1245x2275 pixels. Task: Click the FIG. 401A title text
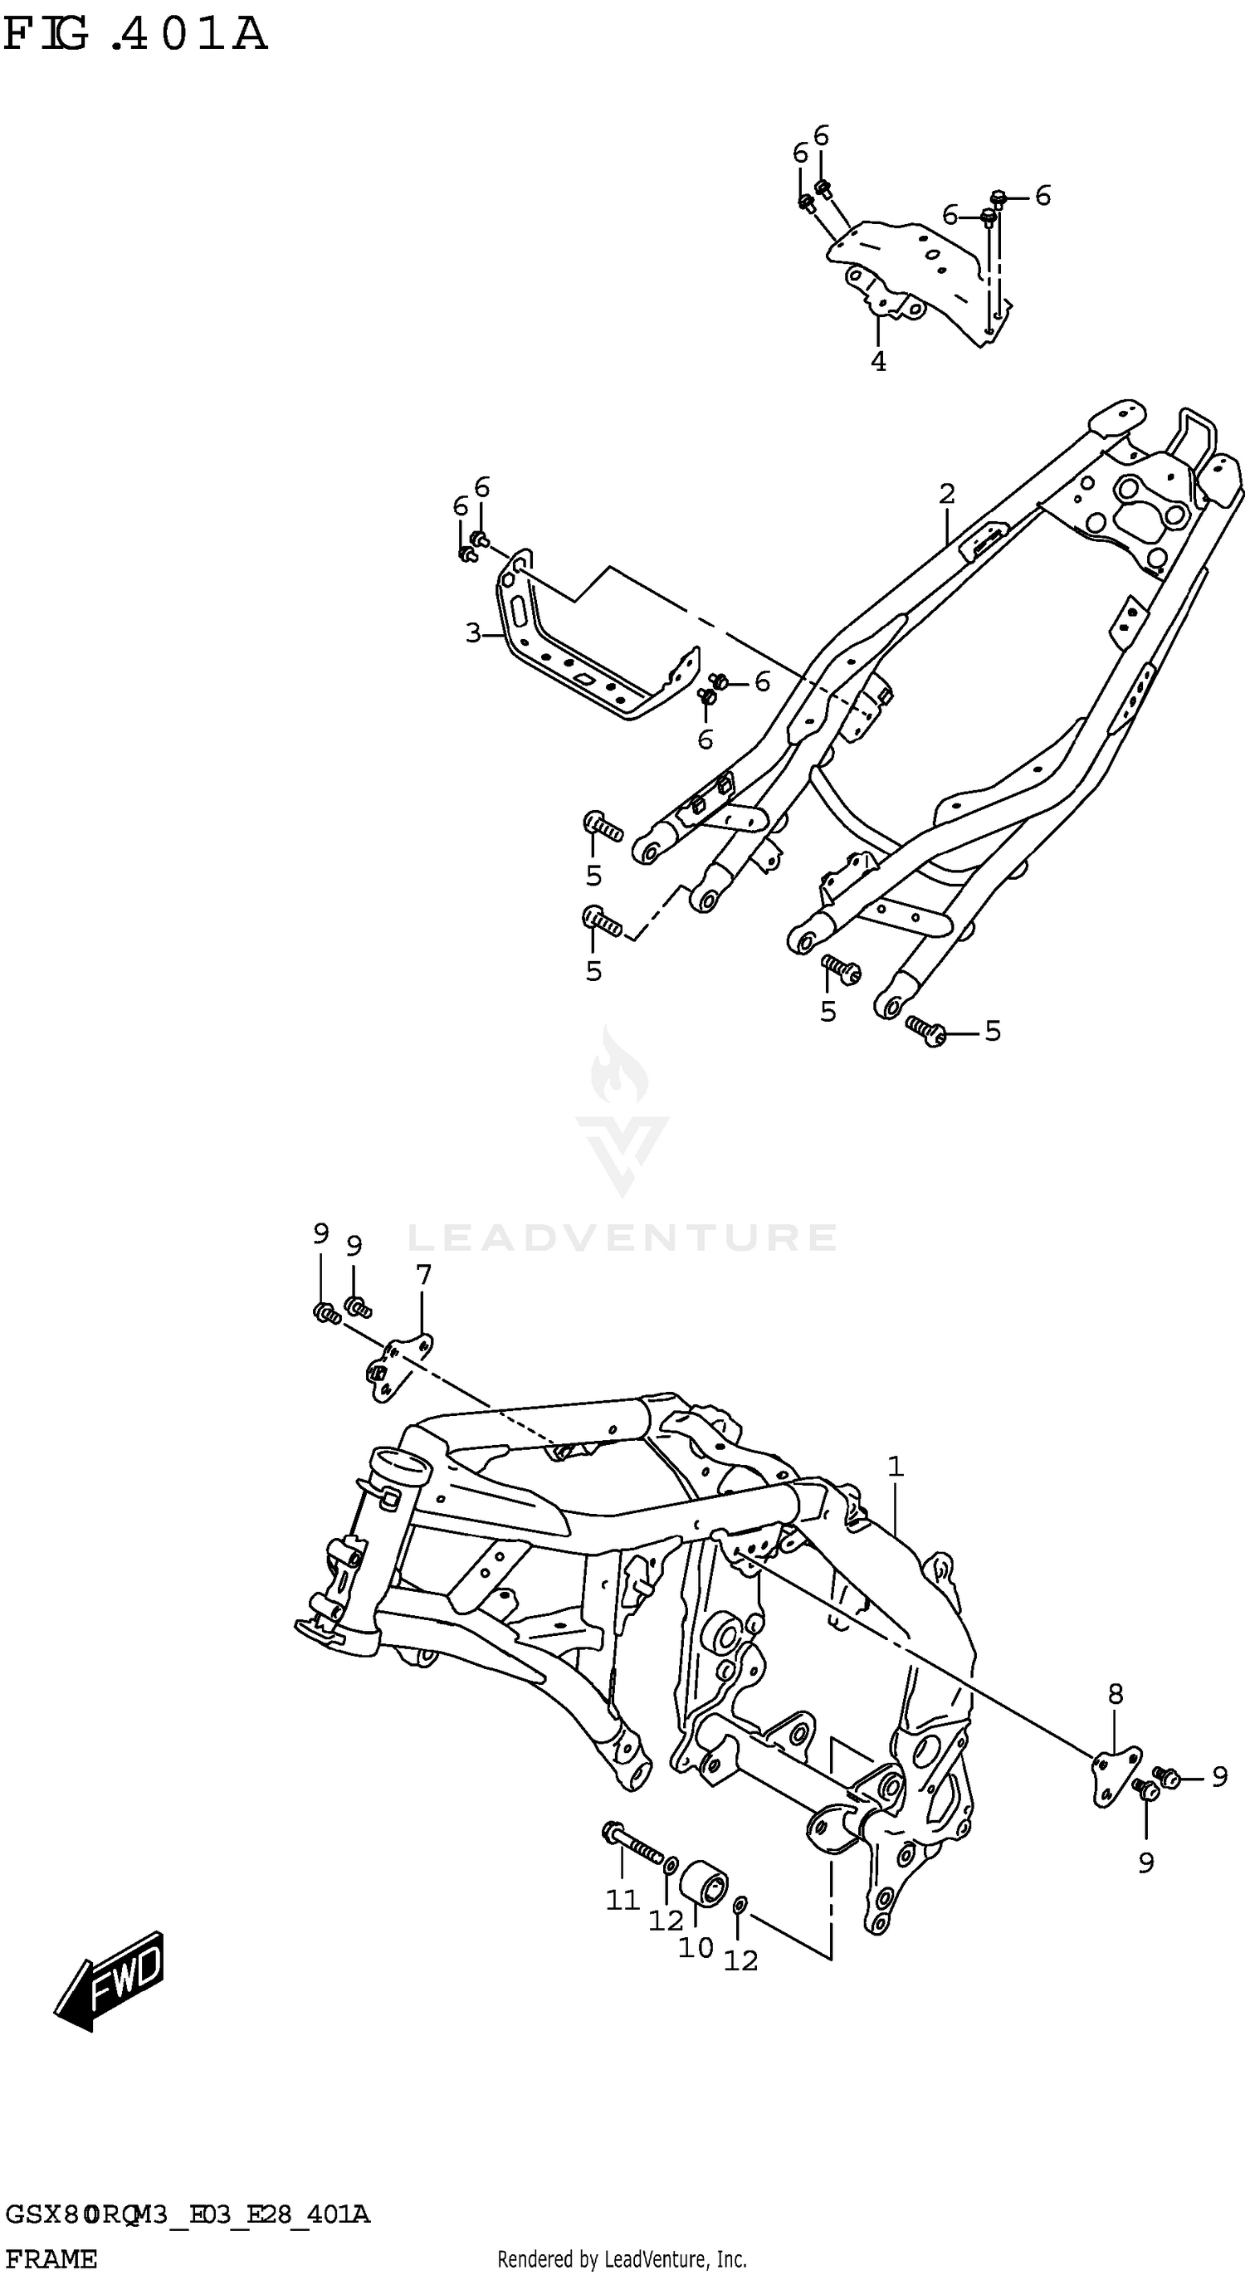point(134,36)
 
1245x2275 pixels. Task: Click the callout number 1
point(896,1467)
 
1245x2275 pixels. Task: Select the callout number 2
point(946,494)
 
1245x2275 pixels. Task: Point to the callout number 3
point(473,632)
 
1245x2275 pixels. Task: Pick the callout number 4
point(879,361)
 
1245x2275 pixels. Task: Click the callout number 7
point(424,1274)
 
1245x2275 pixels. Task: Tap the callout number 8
point(1116,1694)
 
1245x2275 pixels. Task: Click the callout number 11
point(622,1900)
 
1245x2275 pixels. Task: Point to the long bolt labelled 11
point(632,1843)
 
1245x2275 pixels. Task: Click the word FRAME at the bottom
point(51,2258)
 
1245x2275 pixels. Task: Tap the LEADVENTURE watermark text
point(622,1238)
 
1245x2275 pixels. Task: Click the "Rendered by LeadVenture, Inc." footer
point(622,2259)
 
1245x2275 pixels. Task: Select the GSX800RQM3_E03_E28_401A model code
point(188,2214)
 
